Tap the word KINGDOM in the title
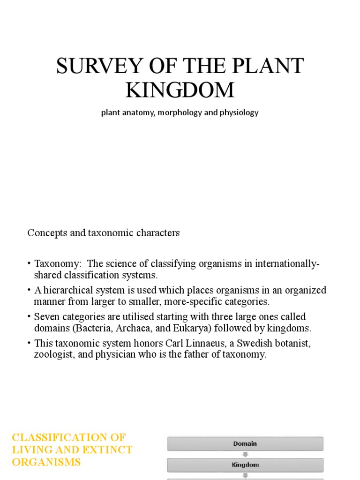pyautogui.click(x=180, y=90)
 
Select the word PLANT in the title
pyautogui.click(x=273, y=67)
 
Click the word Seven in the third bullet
pyautogui.click(x=46, y=316)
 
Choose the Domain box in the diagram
pyautogui.click(x=245, y=443)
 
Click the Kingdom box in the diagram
pyautogui.click(x=245, y=465)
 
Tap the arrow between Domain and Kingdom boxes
pyautogui.click(x=245, y=454)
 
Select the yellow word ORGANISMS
pyautogui.click(x=46, y=462)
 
